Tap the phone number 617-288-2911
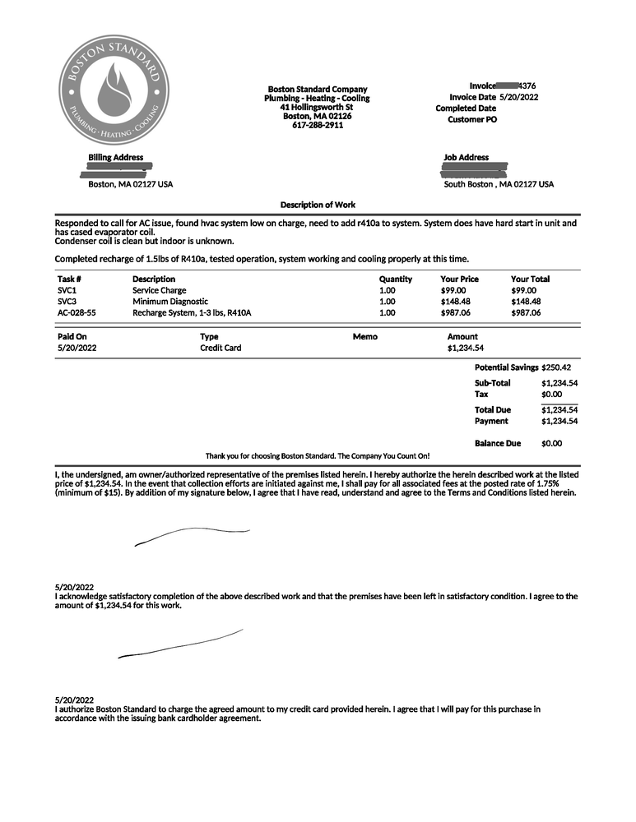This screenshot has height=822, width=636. (318, 125)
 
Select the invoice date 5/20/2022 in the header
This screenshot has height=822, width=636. (518, 97)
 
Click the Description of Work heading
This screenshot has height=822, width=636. (318, 205)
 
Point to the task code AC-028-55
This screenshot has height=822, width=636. (77, 313)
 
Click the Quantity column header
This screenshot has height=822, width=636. (395, 279)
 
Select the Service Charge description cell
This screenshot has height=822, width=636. (160, 290)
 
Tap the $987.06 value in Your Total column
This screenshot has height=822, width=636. (526, 313)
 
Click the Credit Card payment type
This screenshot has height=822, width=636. (221, 348)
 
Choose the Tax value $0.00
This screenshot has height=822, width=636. (551, 395)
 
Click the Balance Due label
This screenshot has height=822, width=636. (498, 444)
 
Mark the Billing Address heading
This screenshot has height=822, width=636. (115, 157)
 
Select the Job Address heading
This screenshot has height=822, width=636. (466, 157)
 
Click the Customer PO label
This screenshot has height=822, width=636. (472, 119)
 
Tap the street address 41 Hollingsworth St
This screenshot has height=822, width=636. (317, 107)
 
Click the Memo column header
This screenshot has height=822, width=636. (364, 336)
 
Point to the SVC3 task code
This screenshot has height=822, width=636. (67, 302)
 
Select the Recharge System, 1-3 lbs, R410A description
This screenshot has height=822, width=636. (192, 313)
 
